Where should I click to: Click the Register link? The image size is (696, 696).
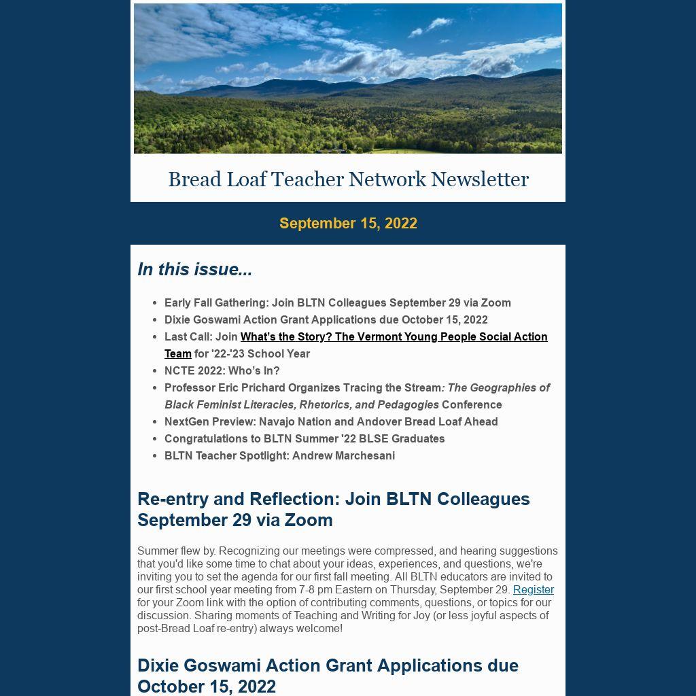click(533, 589)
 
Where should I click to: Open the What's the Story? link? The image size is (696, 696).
click(394, 337)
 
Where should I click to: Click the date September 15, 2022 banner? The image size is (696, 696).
click(348, 224)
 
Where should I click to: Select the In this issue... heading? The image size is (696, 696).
click(194, 269)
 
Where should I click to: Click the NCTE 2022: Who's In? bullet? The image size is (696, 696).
click(222, 371)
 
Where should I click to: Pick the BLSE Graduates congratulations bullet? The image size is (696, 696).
click(304, 439)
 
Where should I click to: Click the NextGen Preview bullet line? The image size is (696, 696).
click(331, 422)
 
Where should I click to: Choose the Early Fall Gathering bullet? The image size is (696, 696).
click(337, 303)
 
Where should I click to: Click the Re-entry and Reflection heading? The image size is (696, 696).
click(333, 509)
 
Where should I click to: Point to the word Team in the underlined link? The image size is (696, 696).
click(178, 354)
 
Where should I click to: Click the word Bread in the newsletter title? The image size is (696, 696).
click(194, 179)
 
